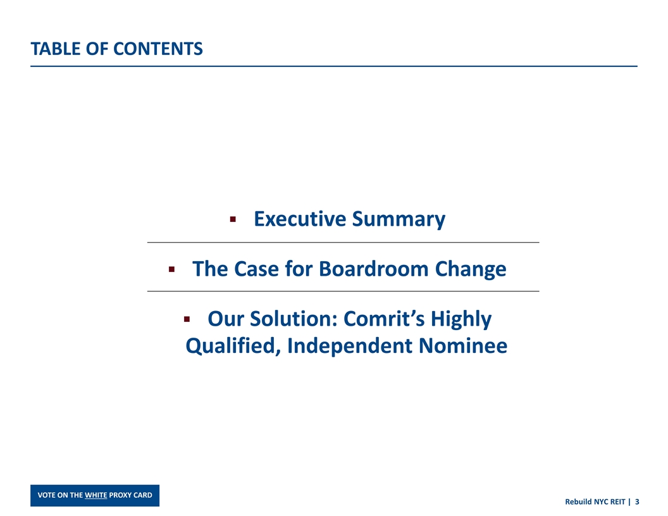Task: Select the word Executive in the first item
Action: (300, 219)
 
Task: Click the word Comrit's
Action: (385, 319)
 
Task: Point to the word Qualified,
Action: (232, 347)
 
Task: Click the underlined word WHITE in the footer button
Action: (96, 495)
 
